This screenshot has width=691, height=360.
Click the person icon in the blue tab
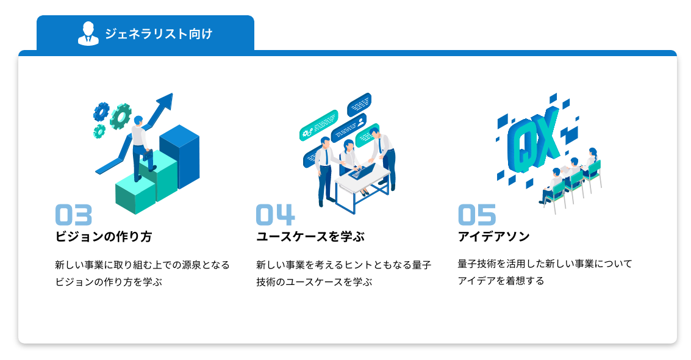(x=88, y=34)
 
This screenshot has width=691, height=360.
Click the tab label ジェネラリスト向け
(x=159, y=34)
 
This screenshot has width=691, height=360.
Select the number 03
(x=74, y=215)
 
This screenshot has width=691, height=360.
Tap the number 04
(x=275, y=215)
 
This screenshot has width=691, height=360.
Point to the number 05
(x=477, y=215)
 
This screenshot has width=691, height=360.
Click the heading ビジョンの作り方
(x=104, y=237)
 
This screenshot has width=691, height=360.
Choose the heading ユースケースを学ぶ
(x=310, y=237)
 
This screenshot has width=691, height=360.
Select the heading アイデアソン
(x=493, y=237)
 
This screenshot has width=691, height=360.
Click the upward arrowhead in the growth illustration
(x=165, y=101)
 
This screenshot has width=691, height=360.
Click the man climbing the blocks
(x=141, y=146)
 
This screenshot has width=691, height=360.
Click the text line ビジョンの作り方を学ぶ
(x=109, y=282)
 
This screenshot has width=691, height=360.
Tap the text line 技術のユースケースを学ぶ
(x=314, y=282)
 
